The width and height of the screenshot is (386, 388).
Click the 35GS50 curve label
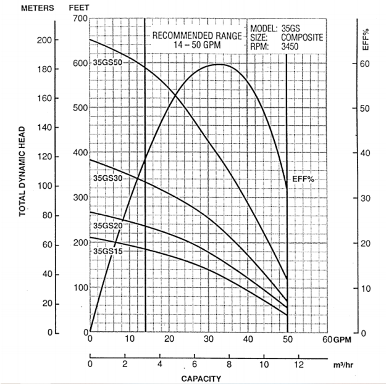click(107, 62)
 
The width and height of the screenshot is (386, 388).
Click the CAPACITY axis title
click(201, 378)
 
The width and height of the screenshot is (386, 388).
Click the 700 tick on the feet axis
click(80, 19)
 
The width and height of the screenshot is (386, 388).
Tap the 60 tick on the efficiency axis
click(364, 64)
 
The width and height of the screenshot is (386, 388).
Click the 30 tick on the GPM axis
click(209, 340)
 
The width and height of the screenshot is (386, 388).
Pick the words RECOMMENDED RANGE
click(197, 36)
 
